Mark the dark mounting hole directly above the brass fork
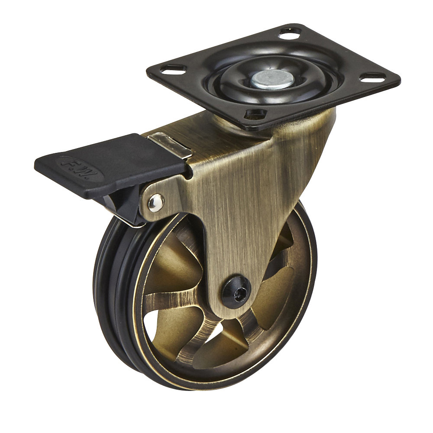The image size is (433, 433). pyautogui.click(x=255, y=114)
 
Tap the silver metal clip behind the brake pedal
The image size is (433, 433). pyautogui.click(x=171, y=145)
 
